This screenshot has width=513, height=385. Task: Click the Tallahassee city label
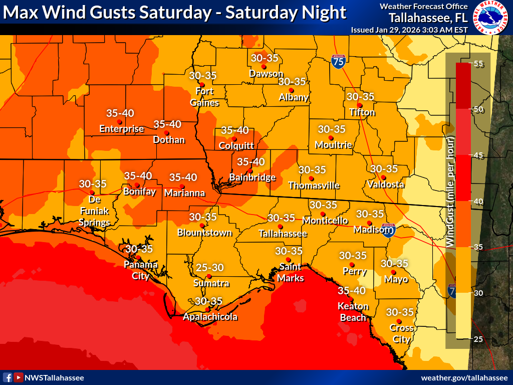coord(283,234)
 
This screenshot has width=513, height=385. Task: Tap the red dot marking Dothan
coord(166,132)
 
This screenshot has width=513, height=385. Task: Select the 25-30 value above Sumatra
coord(209,268)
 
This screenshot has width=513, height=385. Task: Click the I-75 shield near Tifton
coord(338,62)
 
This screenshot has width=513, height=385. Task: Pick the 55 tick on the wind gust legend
coord(477,64)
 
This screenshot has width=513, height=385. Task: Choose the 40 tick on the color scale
coord(477,202)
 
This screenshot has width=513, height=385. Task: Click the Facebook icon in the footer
coord(8,377)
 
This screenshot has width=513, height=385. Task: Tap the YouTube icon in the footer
coord(18,377)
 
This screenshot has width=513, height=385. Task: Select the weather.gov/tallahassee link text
coord(464,377)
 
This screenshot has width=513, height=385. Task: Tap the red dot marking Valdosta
coord(383,177)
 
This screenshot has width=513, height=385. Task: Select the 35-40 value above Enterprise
coord(120,113)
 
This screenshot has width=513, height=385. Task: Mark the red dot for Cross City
coord(399,321)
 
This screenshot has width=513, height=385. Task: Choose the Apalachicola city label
coord(210,317)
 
